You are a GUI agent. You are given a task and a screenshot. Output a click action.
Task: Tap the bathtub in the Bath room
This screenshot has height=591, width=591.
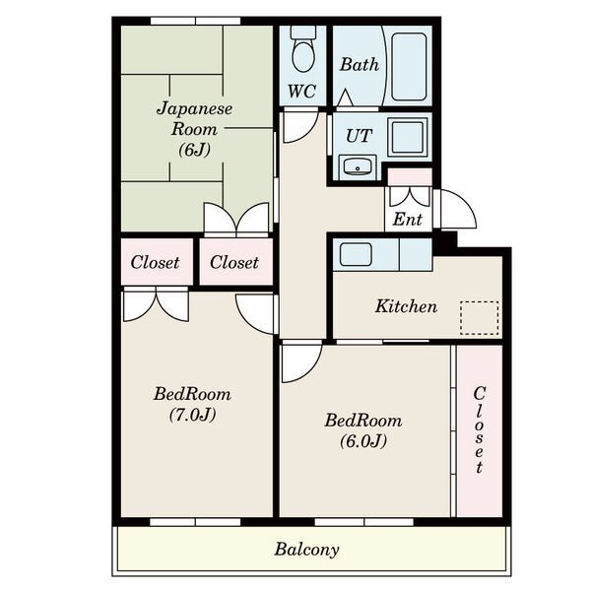pos(409,67)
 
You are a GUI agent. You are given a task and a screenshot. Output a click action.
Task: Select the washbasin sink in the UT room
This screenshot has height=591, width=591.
pos(357,167)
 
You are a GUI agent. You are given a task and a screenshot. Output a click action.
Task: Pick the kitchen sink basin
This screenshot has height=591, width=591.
pos(356,255)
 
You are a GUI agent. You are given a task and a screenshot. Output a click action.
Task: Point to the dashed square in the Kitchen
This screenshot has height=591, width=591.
pos(479,318)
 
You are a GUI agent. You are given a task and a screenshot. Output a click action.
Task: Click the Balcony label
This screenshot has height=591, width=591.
pos(306,550)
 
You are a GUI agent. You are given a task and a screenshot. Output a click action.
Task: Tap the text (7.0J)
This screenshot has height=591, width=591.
pos(193,415)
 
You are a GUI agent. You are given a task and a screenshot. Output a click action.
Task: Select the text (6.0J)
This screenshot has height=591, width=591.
pos(363,441)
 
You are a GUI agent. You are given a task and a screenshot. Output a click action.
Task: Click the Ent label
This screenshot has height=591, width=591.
pos(407,219)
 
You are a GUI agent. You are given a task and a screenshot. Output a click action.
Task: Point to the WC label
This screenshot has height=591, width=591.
pos(301,91)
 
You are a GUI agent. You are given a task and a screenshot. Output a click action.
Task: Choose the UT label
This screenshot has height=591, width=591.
pos(360,136)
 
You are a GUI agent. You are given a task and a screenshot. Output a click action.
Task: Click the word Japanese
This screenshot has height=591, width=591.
pos(194,109)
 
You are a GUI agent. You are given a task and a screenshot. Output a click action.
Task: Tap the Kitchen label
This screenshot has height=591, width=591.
pos(406,306)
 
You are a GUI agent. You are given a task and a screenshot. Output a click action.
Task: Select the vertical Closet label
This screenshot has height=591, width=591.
pos(479,429)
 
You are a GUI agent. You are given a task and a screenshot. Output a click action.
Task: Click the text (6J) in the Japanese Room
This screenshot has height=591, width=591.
pos(194,150)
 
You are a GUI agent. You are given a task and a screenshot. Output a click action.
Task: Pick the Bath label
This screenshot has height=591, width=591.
pos(360,64)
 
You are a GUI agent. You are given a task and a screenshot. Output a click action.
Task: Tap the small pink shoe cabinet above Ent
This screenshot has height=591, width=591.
pos(410,176)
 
